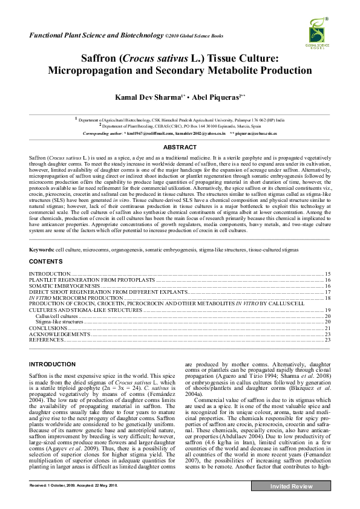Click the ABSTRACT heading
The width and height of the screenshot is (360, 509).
[x=180, y=147]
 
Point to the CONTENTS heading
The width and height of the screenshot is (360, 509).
[x=45, y=261]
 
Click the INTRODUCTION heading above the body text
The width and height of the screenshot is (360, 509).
[x=53, y=364]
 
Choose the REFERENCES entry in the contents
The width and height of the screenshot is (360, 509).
[x=47, y=340]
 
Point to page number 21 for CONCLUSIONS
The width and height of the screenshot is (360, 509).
[x=327, y=328]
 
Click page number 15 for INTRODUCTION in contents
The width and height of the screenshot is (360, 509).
[x=327, y=274]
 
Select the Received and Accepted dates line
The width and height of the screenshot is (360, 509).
[x=74, y=502]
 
